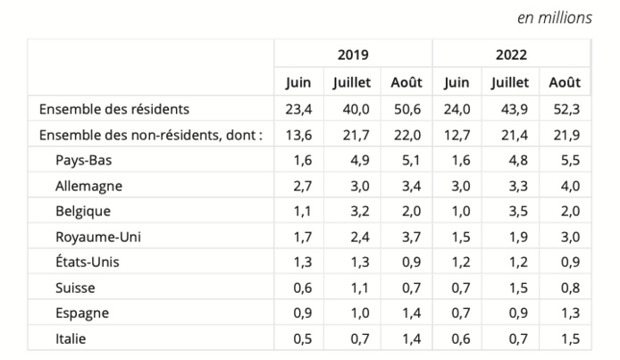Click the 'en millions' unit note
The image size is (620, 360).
point(554,18)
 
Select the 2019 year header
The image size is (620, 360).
point(353,54)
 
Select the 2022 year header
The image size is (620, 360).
point(511,54)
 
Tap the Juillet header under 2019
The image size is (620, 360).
point(351,82)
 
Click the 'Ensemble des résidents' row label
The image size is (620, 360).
point(113,109)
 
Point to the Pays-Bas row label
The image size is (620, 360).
point(86,161)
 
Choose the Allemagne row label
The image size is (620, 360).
point(88,186)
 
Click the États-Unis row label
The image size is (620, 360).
point(88,263)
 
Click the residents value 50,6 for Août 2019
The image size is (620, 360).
point(406,109)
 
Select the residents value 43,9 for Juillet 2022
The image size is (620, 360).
point(510,109)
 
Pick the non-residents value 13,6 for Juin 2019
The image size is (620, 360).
point(298,135)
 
